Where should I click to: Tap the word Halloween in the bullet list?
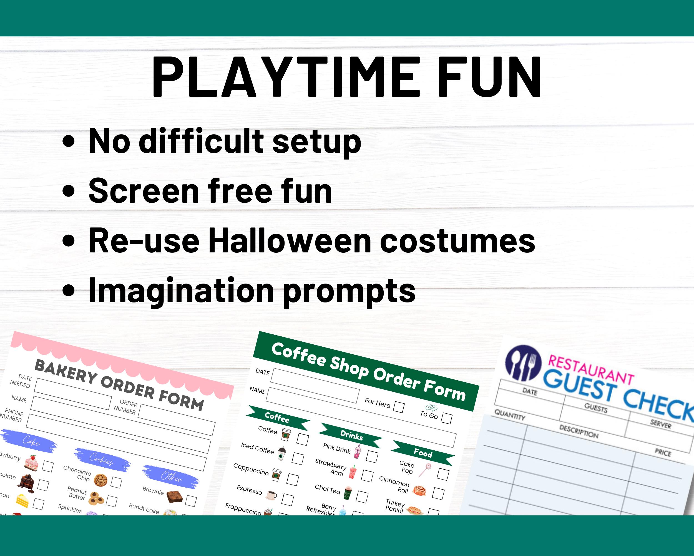pos(290,241)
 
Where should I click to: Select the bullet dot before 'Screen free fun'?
pos(68,191)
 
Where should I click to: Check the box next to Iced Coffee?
pos(298,458)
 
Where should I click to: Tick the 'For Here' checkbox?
pos(399,407)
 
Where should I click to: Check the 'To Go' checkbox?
pos(446,418)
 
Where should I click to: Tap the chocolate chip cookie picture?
pos(100,480)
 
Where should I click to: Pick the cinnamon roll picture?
pos(419,491)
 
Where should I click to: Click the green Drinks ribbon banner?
pos(351,436)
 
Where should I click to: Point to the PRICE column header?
pos(663,453)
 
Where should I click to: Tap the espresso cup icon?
pos(271,495)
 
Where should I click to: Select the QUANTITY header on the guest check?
pos(510,415)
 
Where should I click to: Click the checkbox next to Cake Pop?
pos(443,474)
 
